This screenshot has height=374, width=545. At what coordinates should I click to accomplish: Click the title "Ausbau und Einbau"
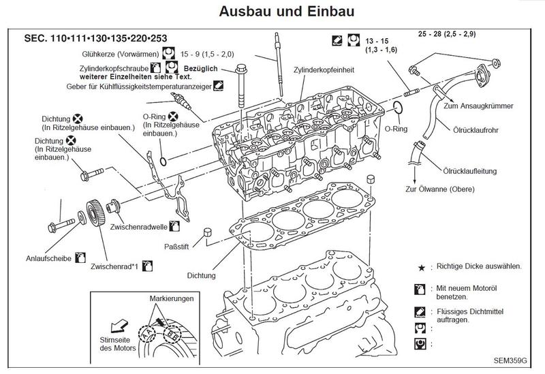[272, 12]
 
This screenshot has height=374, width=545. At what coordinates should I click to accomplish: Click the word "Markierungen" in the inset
[172, 299]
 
